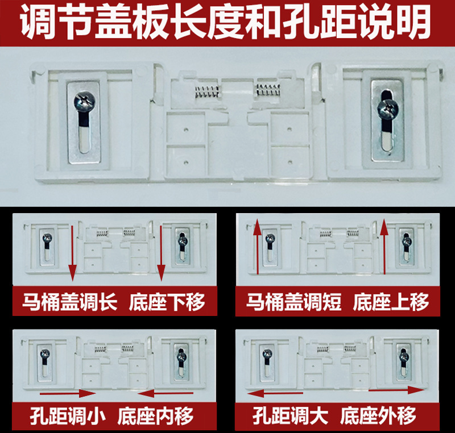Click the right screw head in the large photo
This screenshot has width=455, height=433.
387,107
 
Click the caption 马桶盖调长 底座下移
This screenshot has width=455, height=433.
114,302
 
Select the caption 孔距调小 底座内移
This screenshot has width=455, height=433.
114,417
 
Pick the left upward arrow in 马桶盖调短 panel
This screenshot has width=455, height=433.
257,250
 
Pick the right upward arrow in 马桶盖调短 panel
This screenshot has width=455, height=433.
384,250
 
